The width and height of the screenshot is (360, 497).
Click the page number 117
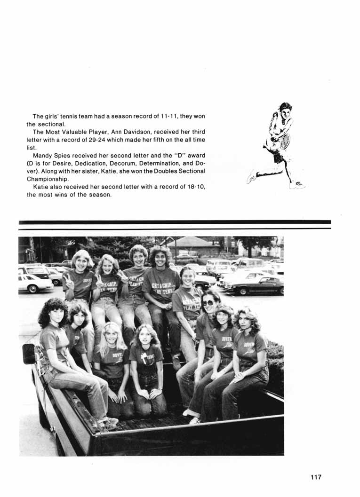316,477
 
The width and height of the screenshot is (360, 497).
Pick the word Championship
48,179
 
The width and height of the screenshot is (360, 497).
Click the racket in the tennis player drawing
285,141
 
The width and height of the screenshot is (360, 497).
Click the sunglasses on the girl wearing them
208,303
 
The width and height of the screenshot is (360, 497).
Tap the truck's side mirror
29,354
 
